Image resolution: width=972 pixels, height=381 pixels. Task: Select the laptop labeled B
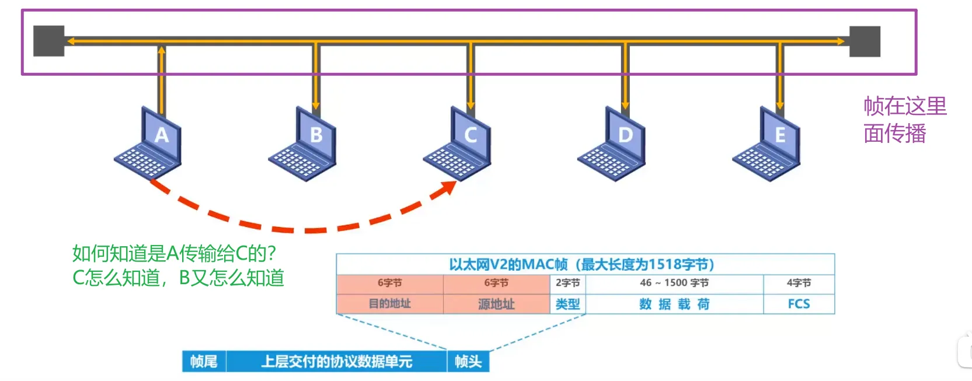click(304, 144)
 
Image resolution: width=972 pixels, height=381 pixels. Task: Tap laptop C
click(459, 144)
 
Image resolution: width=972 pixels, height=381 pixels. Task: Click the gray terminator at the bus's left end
click(48, 41)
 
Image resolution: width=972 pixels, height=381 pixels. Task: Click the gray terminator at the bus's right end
click(864, 41)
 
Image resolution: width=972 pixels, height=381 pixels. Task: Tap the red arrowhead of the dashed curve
click(448, 188)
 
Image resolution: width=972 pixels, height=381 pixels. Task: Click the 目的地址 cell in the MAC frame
click(389, 304)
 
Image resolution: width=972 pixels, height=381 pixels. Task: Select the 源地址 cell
click(496, 304)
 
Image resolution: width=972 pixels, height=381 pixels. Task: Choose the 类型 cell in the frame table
click(567, 304)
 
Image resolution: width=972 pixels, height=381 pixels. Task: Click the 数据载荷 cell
click(674, 304)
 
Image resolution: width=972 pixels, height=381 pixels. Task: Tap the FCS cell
click(799, 304)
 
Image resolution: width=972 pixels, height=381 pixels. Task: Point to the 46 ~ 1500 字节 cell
click(674, 283)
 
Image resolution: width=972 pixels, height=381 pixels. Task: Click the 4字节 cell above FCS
click(799, 283)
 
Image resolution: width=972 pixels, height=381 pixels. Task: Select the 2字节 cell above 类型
click(567, 283)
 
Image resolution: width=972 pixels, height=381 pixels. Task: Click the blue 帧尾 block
click(204, 362)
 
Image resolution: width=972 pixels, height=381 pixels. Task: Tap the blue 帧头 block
click(468, 362)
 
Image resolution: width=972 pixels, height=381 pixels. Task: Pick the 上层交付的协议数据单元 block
click(336, 362)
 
